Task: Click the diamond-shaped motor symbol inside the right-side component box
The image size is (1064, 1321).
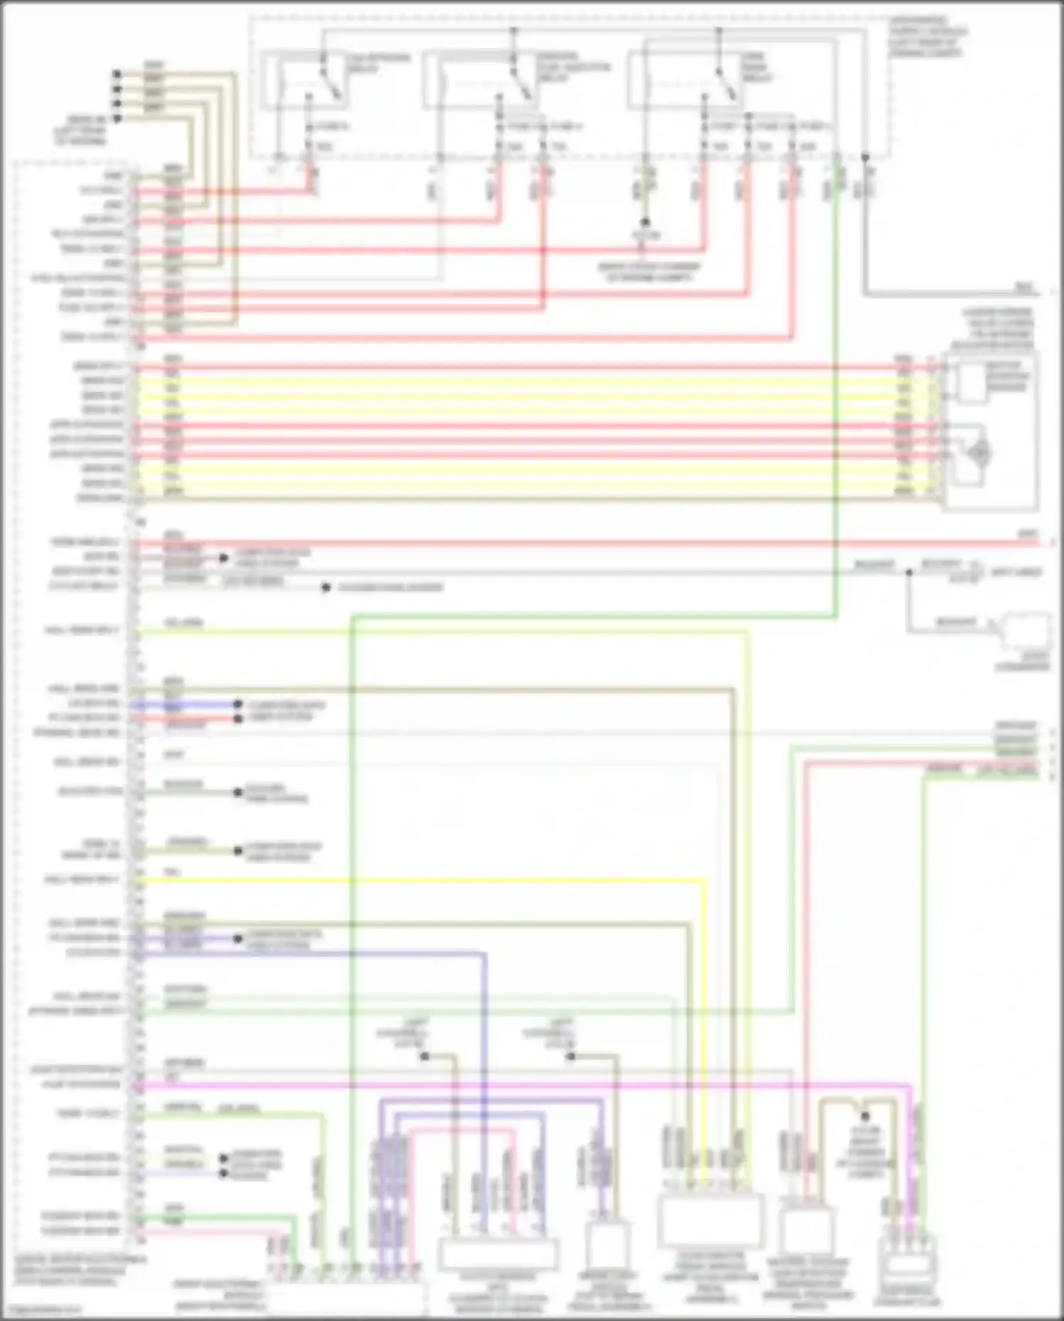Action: pos(980,451)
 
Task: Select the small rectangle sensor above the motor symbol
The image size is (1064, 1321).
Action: pos(971,383)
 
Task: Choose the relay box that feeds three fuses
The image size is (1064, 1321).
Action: pos(685,80)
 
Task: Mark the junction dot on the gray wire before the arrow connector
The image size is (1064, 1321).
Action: pos(909,572)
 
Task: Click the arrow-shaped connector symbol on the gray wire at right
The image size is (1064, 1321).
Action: pos(977,568)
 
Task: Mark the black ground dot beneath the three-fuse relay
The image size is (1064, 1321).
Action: pos(645,222)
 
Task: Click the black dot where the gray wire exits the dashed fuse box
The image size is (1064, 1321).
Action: pos(865,157)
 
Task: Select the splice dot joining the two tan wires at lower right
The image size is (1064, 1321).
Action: pos(865,1117)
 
